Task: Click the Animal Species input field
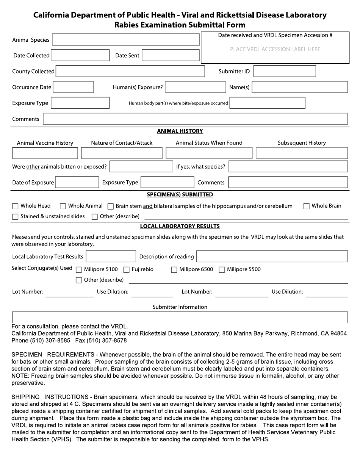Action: click(x=125, y=40)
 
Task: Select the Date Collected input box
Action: click(x=80, y=55)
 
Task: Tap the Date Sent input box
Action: click(x=171, y=55)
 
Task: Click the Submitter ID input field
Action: click(x=284, y=71)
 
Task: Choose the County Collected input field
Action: click(x=130, y=71)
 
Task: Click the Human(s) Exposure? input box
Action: click(x=196, y=87)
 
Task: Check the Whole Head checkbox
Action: click(x=15, y=206)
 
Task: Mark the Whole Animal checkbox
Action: click(x=63, y=206)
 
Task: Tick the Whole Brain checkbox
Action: click(x=307, y=206)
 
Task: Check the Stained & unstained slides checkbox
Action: click(x=15, y=217)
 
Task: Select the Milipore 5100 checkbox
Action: click(x=79, y=270)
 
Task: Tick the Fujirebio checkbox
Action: click(x=127, y=270)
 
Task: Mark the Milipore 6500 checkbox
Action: click(x=174, y=270)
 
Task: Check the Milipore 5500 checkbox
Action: click(x=222, y=270)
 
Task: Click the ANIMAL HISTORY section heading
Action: click(x=180, y=131)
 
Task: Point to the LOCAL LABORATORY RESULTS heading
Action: click(x=180, y=226)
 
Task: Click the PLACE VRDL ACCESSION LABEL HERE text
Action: click(x=275, y=49)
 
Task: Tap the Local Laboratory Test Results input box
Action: click(x=111, y=256)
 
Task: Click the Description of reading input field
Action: click(x=272, y=256)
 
